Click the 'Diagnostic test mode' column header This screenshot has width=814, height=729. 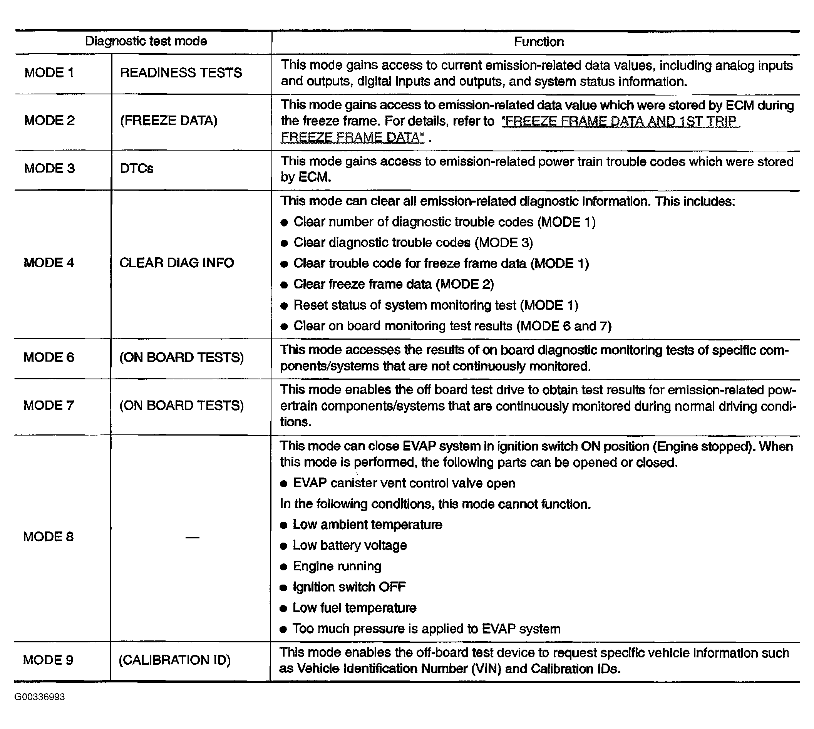[x=146, y=41]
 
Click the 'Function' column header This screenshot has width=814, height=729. [x=539, y=42]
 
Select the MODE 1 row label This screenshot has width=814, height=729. [x=49, y=73]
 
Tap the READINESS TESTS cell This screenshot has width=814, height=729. [x=181, y=73]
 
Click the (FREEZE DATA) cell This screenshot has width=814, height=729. [x=169, y=121]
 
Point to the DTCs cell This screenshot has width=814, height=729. [x=137, y=169]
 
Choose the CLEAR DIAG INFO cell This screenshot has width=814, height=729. [x=177, y=263]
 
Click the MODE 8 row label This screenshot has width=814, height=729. [x=49, y=536]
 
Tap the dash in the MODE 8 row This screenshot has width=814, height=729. [x=192, y=537]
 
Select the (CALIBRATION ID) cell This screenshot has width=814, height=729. [x=174, y=660]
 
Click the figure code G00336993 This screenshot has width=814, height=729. [x=40, y=697]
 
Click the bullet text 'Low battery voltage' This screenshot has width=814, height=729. [x=350, y=546]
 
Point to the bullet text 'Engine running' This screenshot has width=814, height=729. [x=337, y=566]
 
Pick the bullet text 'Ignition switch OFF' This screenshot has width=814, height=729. [x=349, y=587]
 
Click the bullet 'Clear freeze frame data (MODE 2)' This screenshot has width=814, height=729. [x=393, y=284]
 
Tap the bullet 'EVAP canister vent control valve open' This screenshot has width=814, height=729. [x=404, y=483]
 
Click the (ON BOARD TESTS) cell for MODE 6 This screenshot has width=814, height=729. [x=181, y=357]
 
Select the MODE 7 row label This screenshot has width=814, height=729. [x=49, y=406]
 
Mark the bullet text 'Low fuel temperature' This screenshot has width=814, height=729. [x=354, y=608]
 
